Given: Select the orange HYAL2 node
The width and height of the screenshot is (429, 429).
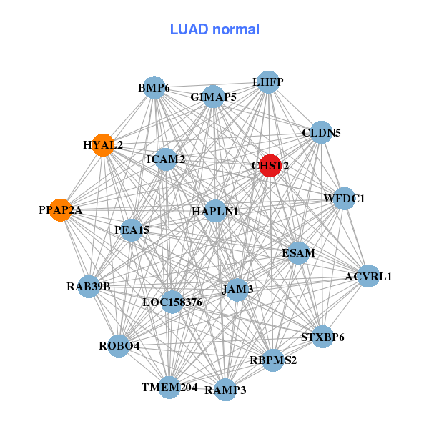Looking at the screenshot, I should point(103,144).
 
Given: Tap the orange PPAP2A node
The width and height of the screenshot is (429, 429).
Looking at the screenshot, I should point(61,210).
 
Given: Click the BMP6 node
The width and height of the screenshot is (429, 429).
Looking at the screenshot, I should point(154,88).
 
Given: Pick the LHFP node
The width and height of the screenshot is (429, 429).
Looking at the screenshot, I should point(267,82).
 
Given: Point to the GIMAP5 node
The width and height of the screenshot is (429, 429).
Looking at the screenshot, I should point(213,97).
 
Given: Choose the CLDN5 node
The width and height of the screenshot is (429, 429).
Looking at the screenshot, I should point(321,132).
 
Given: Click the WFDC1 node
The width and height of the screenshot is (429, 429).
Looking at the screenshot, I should point(344,198).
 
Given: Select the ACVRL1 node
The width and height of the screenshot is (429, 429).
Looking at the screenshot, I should point(368,276).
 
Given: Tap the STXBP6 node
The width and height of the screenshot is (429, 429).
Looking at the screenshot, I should point(322,337).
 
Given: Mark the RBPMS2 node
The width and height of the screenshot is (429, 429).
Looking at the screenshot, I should point(273,360).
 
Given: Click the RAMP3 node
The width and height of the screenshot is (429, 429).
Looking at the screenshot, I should point(225,390).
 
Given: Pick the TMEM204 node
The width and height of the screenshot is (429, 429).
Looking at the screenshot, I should point(169,388).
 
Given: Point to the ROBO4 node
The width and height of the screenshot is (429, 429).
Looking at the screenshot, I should point(119,346).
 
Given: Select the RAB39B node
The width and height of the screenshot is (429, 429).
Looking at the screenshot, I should point(89,287).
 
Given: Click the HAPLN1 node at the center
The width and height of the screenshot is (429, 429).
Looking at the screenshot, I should point(215,212).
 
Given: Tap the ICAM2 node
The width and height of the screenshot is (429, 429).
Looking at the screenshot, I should point(166,159).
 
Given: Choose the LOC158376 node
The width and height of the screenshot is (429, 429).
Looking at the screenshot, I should point(172,302).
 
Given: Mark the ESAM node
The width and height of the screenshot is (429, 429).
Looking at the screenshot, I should point(298,252).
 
